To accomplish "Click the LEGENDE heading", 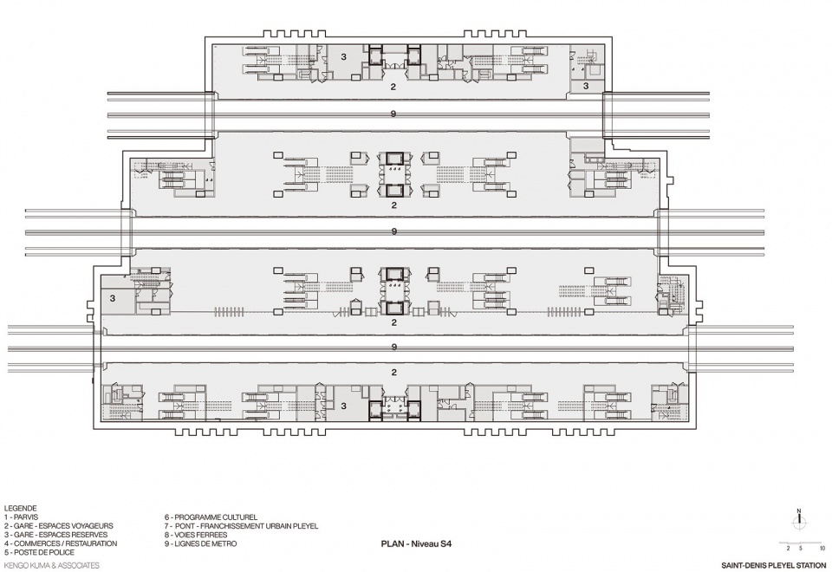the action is click(x=20, y=509).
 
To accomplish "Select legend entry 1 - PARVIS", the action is click(x=21, y=517).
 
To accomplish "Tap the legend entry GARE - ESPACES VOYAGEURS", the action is click(x=58, y=526).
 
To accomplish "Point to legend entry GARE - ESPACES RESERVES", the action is click(x=55, y=535).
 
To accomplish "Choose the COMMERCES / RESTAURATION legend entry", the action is click(x=61, y=544).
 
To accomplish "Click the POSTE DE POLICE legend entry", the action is click(x=39, y=552).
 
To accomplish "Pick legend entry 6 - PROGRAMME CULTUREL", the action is click(x=211, y=517).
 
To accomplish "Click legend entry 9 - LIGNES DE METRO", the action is click(x=200, y=544).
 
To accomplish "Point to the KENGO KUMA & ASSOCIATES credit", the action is click(x=51, y=566).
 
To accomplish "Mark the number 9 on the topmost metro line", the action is click(x=393, y=114).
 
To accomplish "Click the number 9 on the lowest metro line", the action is click(x=393, y=347).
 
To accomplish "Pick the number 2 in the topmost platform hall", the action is click(x=393, y=87).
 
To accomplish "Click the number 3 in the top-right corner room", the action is click(x=586, y=86).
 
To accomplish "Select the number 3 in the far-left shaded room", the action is click(x=113, y=299).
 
